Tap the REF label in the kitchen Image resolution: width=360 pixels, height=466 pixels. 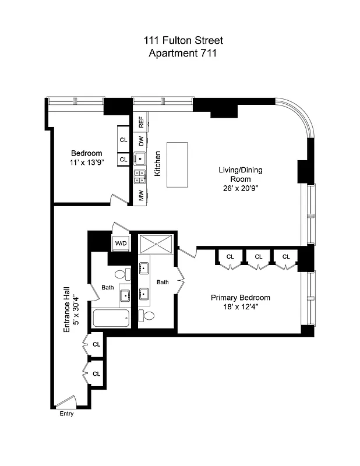[141, 122]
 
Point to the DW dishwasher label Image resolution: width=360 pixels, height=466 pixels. [141, 141]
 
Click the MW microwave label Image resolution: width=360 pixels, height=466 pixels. [141, 196]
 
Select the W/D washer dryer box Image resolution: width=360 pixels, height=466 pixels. [121, 243]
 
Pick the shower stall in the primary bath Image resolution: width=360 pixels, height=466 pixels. [156, 243]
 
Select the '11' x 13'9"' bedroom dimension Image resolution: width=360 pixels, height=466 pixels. [86, 164]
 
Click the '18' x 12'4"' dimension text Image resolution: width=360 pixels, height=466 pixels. [240, 308]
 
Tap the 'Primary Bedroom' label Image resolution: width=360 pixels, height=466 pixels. [240, 298]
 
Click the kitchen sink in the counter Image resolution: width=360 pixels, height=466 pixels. [140, 158]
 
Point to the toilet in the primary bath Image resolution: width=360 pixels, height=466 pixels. [149, 316]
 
